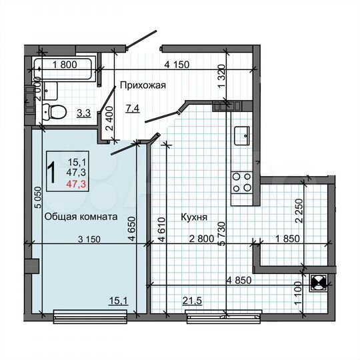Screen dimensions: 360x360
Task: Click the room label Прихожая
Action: pos(142,85)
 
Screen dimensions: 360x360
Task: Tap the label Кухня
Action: pos(193,217)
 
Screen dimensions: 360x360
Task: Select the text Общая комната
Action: pos(81,217)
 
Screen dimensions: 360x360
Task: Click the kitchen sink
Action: pos(241,135)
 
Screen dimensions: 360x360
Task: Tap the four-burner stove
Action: pos(241,182)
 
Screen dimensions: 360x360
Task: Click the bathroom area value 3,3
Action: pos(83,113)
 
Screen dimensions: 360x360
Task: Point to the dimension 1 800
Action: pos(65,65)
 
